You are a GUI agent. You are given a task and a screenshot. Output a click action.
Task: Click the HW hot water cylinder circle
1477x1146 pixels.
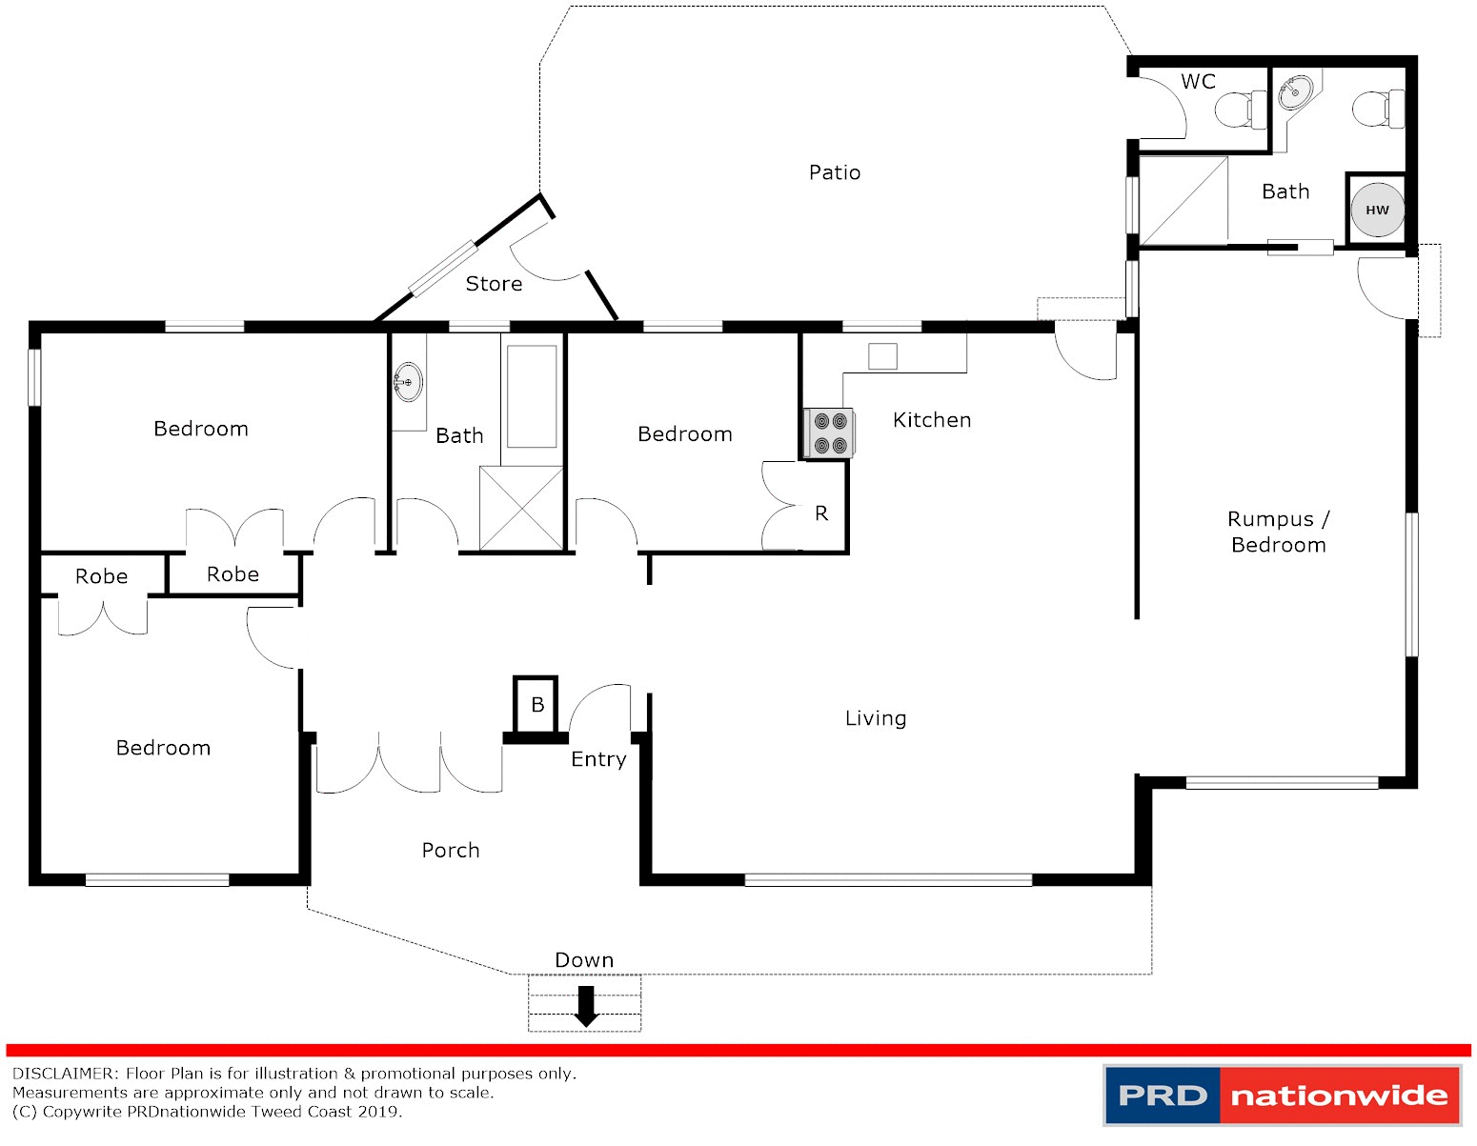pos(1377,210)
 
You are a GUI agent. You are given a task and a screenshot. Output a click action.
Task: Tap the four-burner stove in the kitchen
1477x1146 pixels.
pos(829,432)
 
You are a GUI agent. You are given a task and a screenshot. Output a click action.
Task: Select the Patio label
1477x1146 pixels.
pos(835,172)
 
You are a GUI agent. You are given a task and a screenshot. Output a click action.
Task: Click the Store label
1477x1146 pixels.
pos(494,284)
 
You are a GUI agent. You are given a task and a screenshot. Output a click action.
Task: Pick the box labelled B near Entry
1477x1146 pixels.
pos(536,705)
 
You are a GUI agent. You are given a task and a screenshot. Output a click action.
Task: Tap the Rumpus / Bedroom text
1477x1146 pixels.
pos(1278,532)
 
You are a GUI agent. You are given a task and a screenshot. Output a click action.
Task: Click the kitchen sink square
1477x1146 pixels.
pos(882,356)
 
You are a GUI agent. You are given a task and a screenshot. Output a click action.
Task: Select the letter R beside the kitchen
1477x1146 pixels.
pos(821,514)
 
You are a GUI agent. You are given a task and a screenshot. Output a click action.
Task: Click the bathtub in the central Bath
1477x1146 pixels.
pos(531,396)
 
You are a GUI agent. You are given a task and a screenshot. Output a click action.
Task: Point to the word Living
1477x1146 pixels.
pos(876,718)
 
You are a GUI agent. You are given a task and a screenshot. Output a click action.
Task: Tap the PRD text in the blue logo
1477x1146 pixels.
pos(1163,1096)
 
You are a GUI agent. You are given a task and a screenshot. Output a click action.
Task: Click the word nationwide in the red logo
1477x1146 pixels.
pos(1339,1096)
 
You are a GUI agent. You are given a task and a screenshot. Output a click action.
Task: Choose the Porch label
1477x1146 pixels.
pos(451,851)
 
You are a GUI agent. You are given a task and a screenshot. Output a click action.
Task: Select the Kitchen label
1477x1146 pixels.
pos(932,420)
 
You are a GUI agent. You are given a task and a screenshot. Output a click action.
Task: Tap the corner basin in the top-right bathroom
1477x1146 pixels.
pos(1294,93)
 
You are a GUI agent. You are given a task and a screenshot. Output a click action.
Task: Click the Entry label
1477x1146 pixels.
pos(598,759)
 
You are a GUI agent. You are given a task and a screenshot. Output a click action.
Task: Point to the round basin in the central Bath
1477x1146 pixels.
pos(408,382)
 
